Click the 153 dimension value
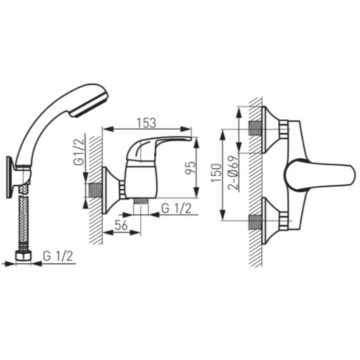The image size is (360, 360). pyautogui.click(x=146, y=123)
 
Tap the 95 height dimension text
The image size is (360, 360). pyautogui.click(x=191, y=168)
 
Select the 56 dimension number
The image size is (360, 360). pyautogui.click(x=121, y=225)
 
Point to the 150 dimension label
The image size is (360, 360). pyautogui.click(x=217, y=173)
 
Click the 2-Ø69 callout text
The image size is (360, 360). pyautogui.click(x=233, y=173)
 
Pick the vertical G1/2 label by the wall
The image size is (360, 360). pyautogui.click(x=79, y=152)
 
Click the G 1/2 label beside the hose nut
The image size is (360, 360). pyautogui.click(x=58, y=256)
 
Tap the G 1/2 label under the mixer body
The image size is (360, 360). pyautogui.click(x=176, y=208)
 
